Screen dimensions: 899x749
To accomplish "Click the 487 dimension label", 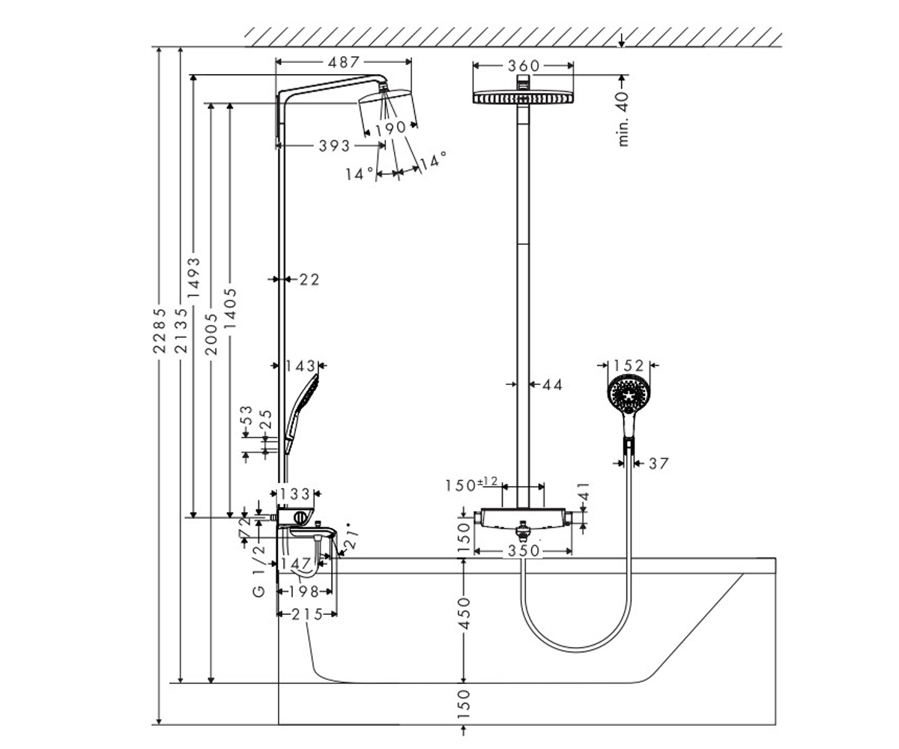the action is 343,62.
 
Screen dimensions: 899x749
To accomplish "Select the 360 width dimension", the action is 523,66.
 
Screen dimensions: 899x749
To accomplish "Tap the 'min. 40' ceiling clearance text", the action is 623,119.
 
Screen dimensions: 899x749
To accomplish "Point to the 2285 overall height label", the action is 160,330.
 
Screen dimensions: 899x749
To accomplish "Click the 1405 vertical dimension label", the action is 230,308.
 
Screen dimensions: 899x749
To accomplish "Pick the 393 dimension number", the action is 334,146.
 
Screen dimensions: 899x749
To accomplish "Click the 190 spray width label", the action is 390,128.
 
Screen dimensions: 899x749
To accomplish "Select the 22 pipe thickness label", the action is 309,280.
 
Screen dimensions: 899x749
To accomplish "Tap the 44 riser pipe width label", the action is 552,385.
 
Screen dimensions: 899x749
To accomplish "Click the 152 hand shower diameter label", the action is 629,366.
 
